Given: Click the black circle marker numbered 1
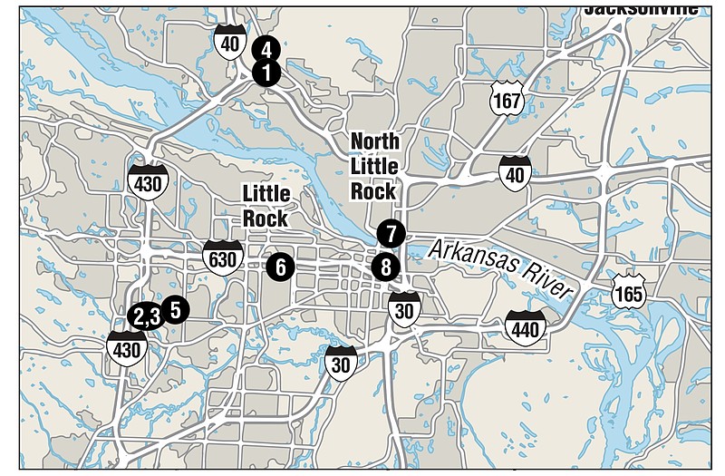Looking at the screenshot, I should coord(266,73).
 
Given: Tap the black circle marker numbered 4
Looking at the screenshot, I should coord(265,49).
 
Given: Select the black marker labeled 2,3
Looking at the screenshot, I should coord(145,316).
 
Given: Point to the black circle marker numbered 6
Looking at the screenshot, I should coord(280,266).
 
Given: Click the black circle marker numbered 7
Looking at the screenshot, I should coord(390,233).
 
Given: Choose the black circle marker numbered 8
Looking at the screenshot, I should coord(385,267).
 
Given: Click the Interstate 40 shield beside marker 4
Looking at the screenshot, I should coord(229,42).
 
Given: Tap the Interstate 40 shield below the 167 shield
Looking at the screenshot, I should coord(515,172).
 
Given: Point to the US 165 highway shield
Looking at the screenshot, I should coord(628,291).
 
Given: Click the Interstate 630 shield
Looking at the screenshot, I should coord(223,258).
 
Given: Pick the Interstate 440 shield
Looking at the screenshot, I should coord(526,328).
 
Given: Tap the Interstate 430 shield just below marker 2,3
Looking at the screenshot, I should coord(127,347).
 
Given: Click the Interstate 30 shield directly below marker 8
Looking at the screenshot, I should coord(404,309).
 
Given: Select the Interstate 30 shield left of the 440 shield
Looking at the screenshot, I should coord(341,362).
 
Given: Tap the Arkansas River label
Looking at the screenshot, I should coord(504,267).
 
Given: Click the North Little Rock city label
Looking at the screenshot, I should coord(374,166).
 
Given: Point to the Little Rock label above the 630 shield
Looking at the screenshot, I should coord(266,206).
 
